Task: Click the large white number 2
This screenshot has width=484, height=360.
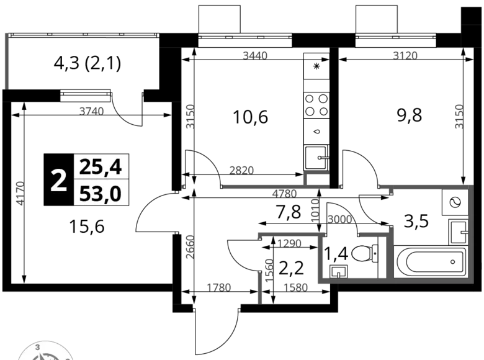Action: pyautogui.click(x=58, y=181)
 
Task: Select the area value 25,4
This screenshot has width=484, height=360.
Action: pyautogui.click(x=101, y=167)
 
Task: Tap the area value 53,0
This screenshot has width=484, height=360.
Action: pyautogui.click(x=101, y=194)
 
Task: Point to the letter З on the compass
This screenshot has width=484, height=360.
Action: pyautogui.click(x=38, y=347)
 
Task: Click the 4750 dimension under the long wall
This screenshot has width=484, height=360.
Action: pyautogui.click(x=285, y=195)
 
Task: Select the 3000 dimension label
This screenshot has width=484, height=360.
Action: pyautogui.click(x=339, y=218)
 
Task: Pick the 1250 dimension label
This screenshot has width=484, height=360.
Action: pyautogui.click(x=290, y=244)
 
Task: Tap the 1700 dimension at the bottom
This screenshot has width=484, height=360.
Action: pyautogui.click(x=220, y=287)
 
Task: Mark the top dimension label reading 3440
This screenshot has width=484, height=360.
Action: pyautogui.click(x=254, y=56)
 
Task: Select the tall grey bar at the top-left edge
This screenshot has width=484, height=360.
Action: pyautogui.click(x=5, y=59)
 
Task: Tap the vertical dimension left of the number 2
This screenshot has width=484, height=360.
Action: pyautogui.click(x=19, y=193)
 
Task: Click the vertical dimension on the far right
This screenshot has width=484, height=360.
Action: pyautogui.click(x=459, y=116)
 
